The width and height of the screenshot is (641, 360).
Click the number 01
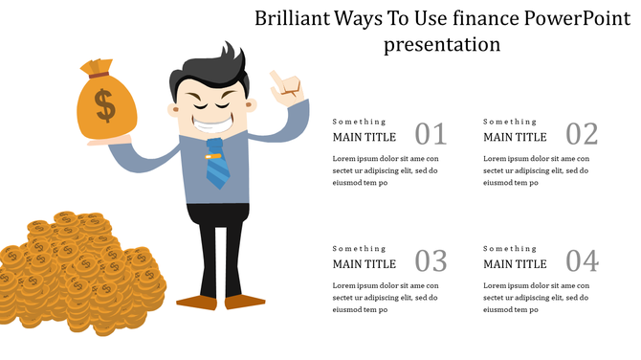[x=431, y=134]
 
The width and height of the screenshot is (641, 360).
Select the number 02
[x=582, y=134]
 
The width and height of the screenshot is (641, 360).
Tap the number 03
[x=431, y=260]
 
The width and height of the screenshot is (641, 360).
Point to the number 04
[x=582, y=260]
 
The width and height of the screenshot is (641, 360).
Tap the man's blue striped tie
[x=217, y=163]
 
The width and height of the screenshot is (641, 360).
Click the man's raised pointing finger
[x=278, y=79]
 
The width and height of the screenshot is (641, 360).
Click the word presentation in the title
[x=442, y=44]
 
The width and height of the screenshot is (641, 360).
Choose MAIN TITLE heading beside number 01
[x=365, y=137]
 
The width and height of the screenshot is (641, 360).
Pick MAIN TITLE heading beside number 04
[x=516, y=264]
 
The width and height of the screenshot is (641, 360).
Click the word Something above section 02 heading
[x=510, y=122]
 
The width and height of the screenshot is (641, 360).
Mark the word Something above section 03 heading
[x=359, y=249]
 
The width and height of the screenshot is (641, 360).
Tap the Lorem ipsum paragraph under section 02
[x=536, y=170]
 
